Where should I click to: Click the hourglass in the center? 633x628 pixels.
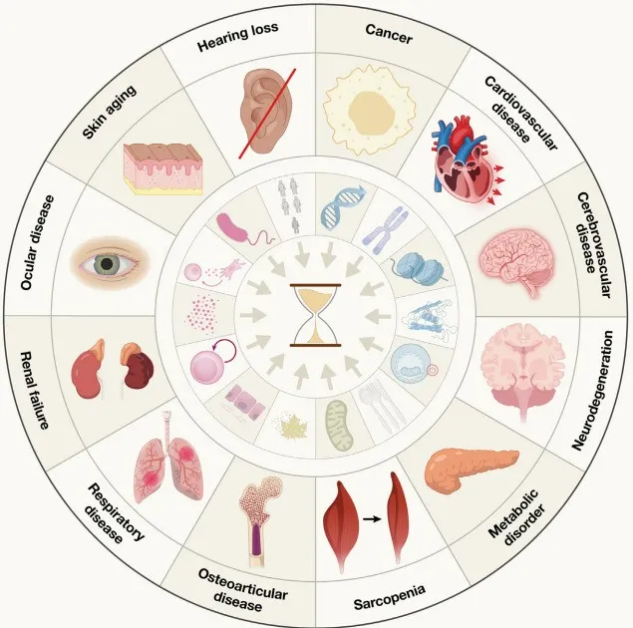[316, 315]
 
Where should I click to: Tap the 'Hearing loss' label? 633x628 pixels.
[237, 37]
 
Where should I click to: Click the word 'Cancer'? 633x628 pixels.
[389, 34]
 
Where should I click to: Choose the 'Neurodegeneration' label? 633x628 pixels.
[592, 390]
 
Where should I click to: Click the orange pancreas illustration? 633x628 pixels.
[471, 470]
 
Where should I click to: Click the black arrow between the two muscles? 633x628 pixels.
[372, 519]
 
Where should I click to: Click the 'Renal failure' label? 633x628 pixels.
[36, 390]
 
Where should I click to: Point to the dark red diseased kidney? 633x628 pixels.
[138, 366]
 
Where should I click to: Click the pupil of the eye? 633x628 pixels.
[107, 264]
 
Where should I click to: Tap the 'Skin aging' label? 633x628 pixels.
[109, 113]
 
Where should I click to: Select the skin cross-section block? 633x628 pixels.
[162, 169]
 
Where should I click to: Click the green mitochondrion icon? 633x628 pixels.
[339, 426]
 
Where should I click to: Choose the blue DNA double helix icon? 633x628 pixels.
[343, 207]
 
